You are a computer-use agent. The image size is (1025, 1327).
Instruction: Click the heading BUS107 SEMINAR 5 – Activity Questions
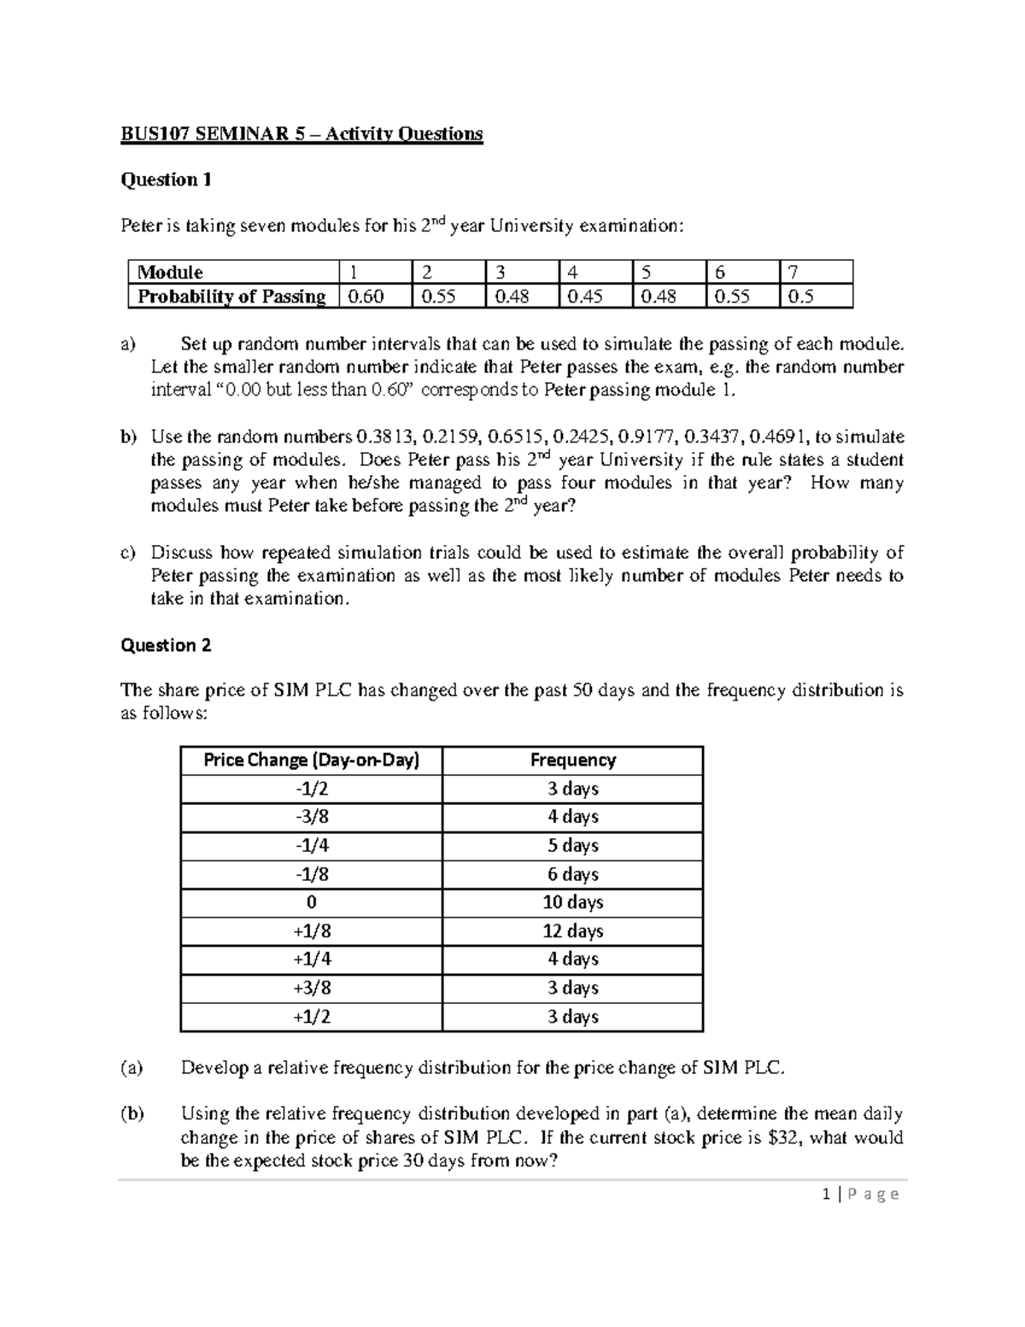pos(302,134)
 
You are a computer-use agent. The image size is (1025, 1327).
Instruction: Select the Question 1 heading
pos(166,179)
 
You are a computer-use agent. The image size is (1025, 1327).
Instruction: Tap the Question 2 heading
pos(166,645)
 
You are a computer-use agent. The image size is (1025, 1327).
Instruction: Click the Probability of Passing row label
pos(231,297)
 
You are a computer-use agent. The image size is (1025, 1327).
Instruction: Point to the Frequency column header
pos(572,760)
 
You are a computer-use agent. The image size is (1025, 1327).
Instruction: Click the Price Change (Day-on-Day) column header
pos(311,760)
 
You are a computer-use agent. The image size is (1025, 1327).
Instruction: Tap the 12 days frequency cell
pos(572,931)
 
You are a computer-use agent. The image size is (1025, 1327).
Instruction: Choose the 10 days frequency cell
pos(572,902)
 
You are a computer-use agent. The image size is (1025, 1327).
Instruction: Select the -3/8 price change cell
pos(311,817)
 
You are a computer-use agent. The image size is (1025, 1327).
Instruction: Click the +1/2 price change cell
pos(311,1017)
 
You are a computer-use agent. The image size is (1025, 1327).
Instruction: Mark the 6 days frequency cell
pos(572,874)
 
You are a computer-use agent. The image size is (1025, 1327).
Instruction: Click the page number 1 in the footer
pos(826,1195)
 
